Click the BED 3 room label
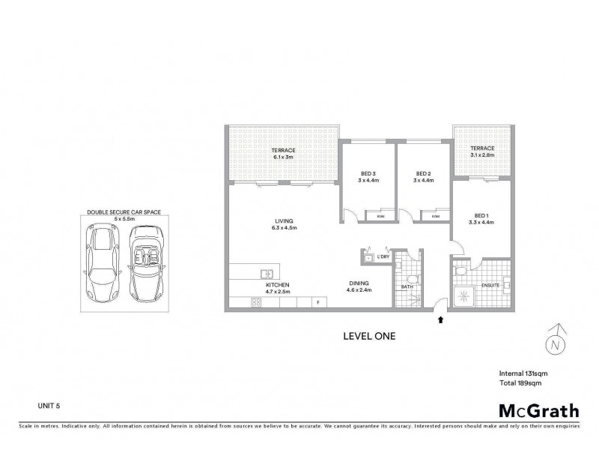coord(368,172)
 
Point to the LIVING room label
coord(285,220)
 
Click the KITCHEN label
coord(276,286)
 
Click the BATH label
coord(407,286)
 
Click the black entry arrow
coord(440,319)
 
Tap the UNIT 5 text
coord(49,405)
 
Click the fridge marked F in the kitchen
coord(318,301)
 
